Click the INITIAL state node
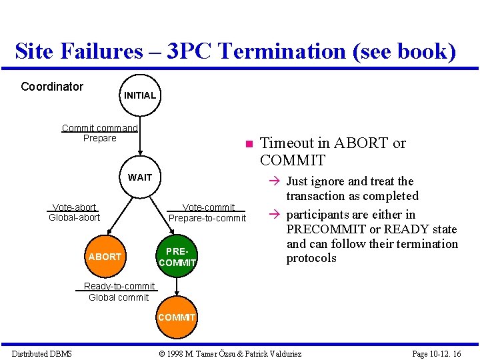point(139,95)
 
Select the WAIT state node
point(140,177)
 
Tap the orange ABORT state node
point(105,257)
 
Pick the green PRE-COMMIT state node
point(177,257)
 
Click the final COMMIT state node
point(177,317)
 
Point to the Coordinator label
point(52,87)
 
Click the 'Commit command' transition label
point(100,128)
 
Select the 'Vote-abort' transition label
point(75,207)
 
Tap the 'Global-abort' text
point(75,217)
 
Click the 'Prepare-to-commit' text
point(207,218)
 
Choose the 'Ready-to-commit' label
point(119,287)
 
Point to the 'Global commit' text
point(119,297)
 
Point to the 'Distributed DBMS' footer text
point(41,353)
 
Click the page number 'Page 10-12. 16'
point(437,353)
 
